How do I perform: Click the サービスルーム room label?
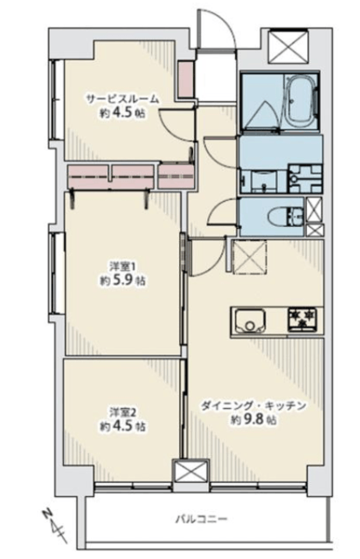(x=122, y=99)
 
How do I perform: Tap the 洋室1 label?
(x=122, y=266)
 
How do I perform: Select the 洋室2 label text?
(x=122, y=412)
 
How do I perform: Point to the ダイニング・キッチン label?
(x=253, y=405)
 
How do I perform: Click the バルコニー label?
(x=201, y=518)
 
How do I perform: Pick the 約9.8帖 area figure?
(x=253, y=419)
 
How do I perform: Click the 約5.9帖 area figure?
(x=122, y=280)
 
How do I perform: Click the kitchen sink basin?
(x=249, y=320)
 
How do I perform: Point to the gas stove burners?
(x=303, y=318)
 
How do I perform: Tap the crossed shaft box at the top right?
(x=287, y=45)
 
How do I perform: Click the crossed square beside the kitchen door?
(x=249, y=257)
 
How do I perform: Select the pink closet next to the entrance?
(x=185, y=79)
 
